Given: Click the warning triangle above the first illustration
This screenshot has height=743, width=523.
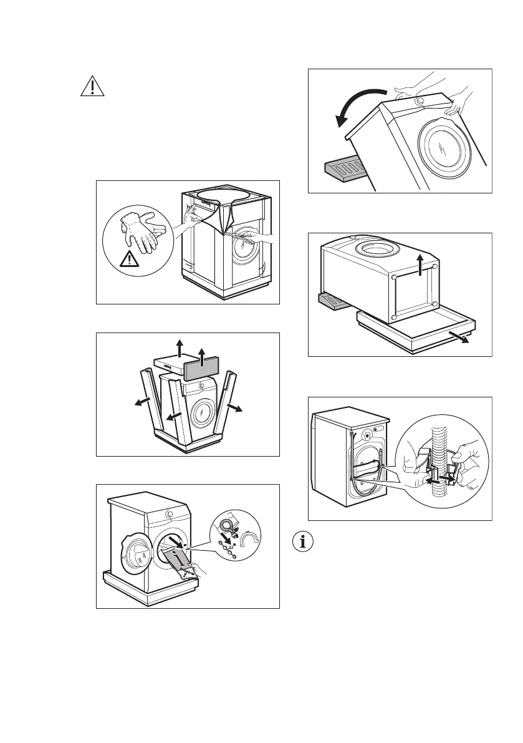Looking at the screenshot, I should pyautogui.click(x=92, y=87).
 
